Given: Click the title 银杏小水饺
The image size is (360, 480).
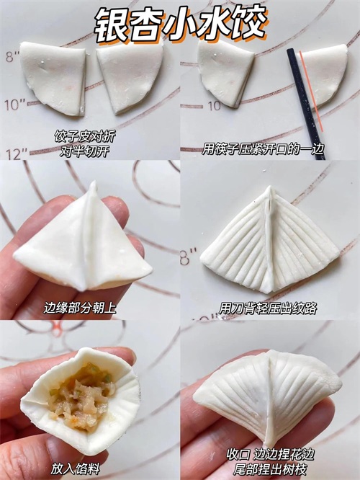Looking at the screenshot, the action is coord(181,24).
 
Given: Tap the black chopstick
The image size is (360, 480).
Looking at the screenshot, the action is coord(305,104).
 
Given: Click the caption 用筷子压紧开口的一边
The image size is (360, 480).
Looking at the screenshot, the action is coord(263,148).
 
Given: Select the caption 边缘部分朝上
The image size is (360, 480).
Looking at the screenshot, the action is coord(80,308).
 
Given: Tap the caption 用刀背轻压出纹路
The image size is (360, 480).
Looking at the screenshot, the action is coord(268,308).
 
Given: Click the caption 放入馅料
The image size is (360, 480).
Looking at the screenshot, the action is coord(76,468).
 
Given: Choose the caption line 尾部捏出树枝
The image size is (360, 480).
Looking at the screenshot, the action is coord(270,469).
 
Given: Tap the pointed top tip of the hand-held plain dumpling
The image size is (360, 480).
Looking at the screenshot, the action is coord(94,182).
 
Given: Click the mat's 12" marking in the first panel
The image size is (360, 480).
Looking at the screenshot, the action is coord(17,154).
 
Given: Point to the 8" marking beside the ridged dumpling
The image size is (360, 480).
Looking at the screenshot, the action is coord(188,257).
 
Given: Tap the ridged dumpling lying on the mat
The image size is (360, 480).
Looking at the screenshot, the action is coord(269,242).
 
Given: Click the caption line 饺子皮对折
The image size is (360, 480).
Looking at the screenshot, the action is coord(85,136).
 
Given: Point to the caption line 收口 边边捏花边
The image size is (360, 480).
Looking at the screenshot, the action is coord(271,454).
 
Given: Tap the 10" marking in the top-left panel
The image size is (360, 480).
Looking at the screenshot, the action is coord(15,105).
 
